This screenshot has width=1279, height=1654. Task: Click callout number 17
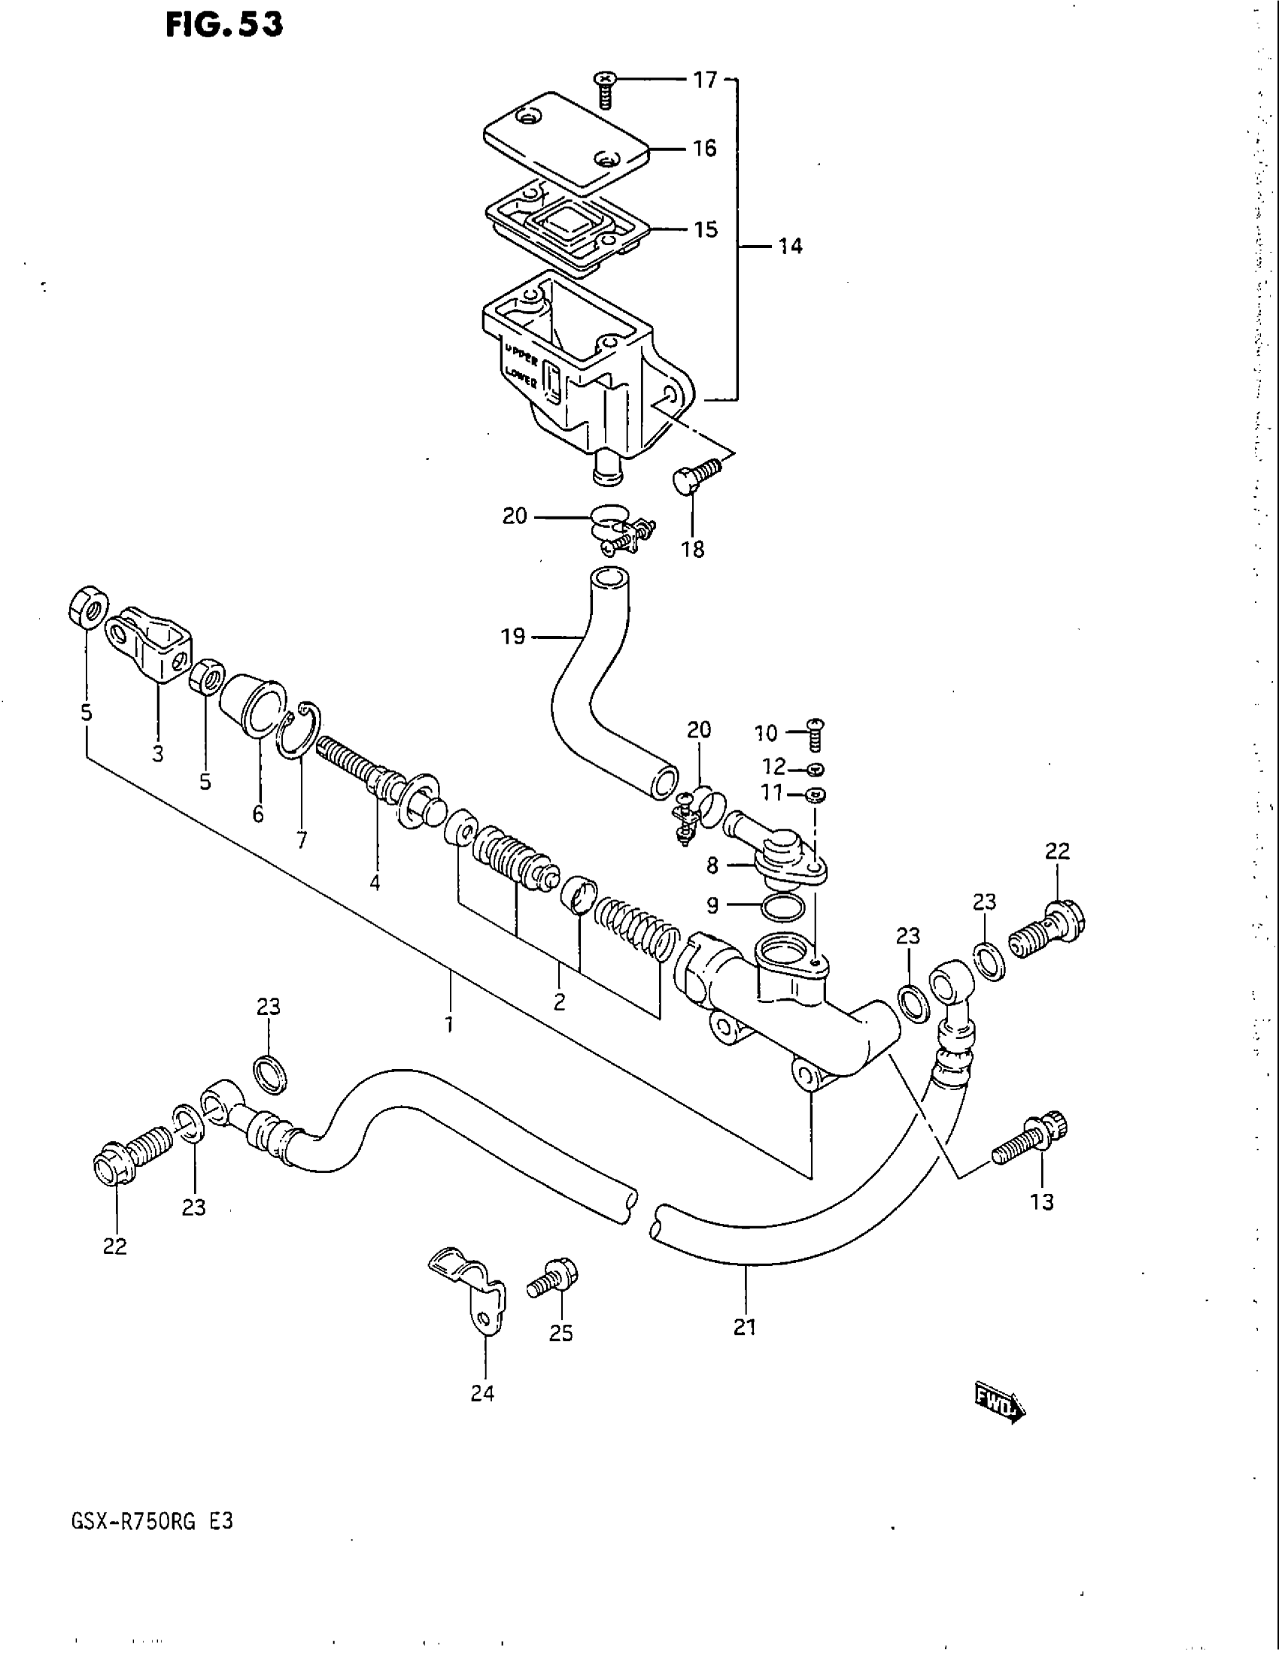click(706, 80)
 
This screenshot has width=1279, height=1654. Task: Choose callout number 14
click(790, 246)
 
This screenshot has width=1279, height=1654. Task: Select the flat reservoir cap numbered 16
click(566, 140)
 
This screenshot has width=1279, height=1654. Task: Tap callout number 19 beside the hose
click(513, 637)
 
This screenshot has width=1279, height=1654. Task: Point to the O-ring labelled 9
click(782, 907)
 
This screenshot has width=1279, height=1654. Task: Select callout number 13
click(1043, 1202)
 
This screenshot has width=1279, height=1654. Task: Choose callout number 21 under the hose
click(745, 1328)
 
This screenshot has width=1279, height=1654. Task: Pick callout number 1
click(449, 1025)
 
